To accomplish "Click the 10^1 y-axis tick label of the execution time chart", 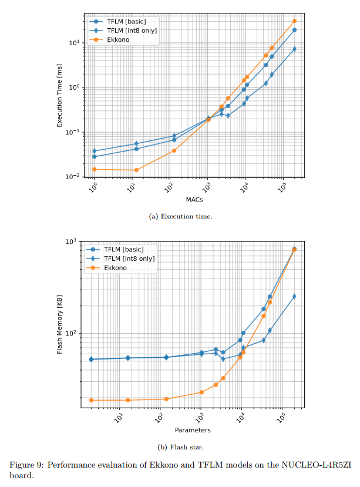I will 74,43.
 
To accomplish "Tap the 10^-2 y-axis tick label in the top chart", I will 73,177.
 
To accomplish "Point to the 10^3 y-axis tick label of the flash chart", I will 72,241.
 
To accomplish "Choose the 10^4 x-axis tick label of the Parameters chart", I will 241,416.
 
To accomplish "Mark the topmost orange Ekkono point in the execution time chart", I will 294,21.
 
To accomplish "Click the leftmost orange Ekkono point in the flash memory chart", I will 91,400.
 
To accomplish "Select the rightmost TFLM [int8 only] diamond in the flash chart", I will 294,296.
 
